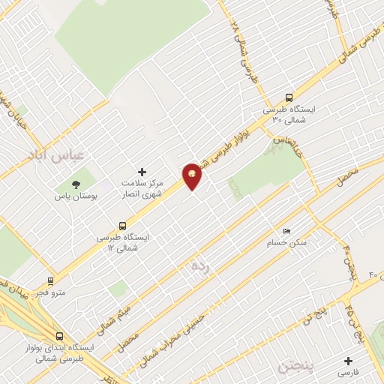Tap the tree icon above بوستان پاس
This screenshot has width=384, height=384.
coord(75,184)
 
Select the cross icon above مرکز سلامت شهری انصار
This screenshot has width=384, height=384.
coord(142,172)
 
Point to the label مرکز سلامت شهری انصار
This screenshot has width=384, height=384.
coord(142,188)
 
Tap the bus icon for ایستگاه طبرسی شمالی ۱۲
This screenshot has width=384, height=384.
coord(122,225)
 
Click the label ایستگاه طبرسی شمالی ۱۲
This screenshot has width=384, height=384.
coord(123,241)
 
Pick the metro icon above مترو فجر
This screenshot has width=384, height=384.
coord(51,280)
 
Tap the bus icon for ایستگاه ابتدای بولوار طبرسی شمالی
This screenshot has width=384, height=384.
coord(59,336)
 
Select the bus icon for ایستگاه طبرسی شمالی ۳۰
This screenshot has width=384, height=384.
coord(289,97)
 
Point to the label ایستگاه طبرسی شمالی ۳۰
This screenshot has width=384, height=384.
coord(288,114)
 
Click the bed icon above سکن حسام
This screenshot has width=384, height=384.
coord(286,231)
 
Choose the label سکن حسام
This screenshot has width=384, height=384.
coord(286,243)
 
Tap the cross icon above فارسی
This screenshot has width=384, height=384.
coord(348,360)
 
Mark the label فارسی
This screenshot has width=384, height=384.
coord(348,372)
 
